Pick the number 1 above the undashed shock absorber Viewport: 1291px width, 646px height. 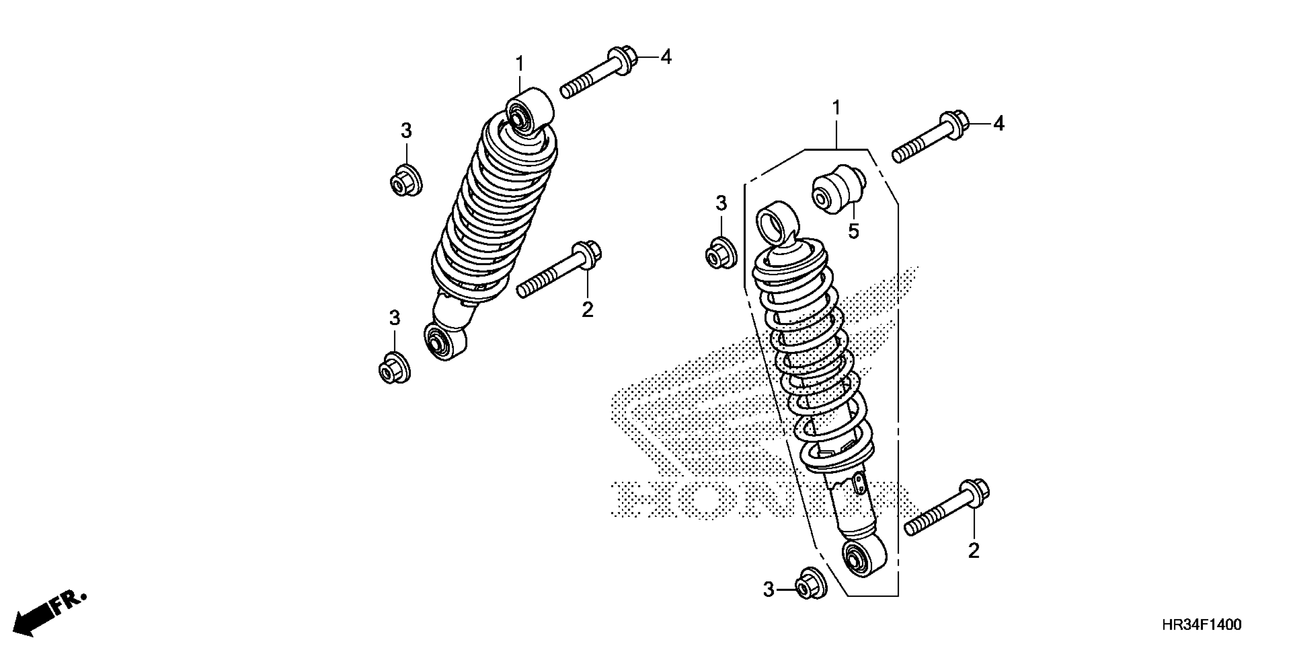tap(520, 64)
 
